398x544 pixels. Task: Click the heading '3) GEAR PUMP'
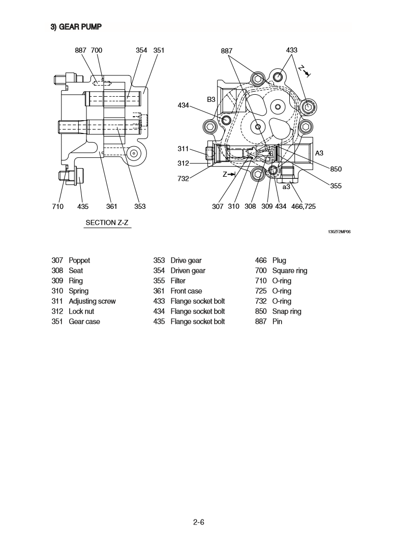pos(76,27)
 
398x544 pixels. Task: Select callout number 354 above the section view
pos(141,50)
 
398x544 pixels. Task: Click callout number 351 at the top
pos(159,50)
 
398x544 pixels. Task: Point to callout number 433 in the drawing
pos(292,50)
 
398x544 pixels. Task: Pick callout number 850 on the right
pos(336,169)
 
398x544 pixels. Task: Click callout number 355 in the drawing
pos(336,186)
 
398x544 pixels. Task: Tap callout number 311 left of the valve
pos(183,149)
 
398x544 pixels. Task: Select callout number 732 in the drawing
pos(183,178)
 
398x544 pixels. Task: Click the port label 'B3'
pos(211,100)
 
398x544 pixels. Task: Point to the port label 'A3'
pos(319,153)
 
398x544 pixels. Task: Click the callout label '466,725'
pos(303,206)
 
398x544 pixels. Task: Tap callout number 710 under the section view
pos(57,206)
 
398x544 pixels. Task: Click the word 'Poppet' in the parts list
pos(79,260)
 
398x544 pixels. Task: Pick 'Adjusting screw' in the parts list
pos(92,301)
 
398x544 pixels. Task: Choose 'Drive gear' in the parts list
pos(186,260)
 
